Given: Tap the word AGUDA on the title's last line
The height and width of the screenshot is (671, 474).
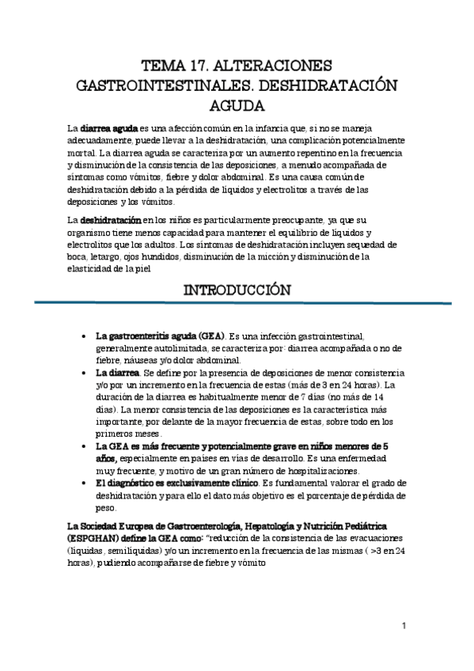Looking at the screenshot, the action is [x=237, y=104].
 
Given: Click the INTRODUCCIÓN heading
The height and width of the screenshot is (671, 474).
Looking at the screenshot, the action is [x=237, y=290].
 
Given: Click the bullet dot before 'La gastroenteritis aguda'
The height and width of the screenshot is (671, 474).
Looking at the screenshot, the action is [x=85, y=336].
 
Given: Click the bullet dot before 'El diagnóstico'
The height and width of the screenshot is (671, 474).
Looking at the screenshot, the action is [x=85, y=483].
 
